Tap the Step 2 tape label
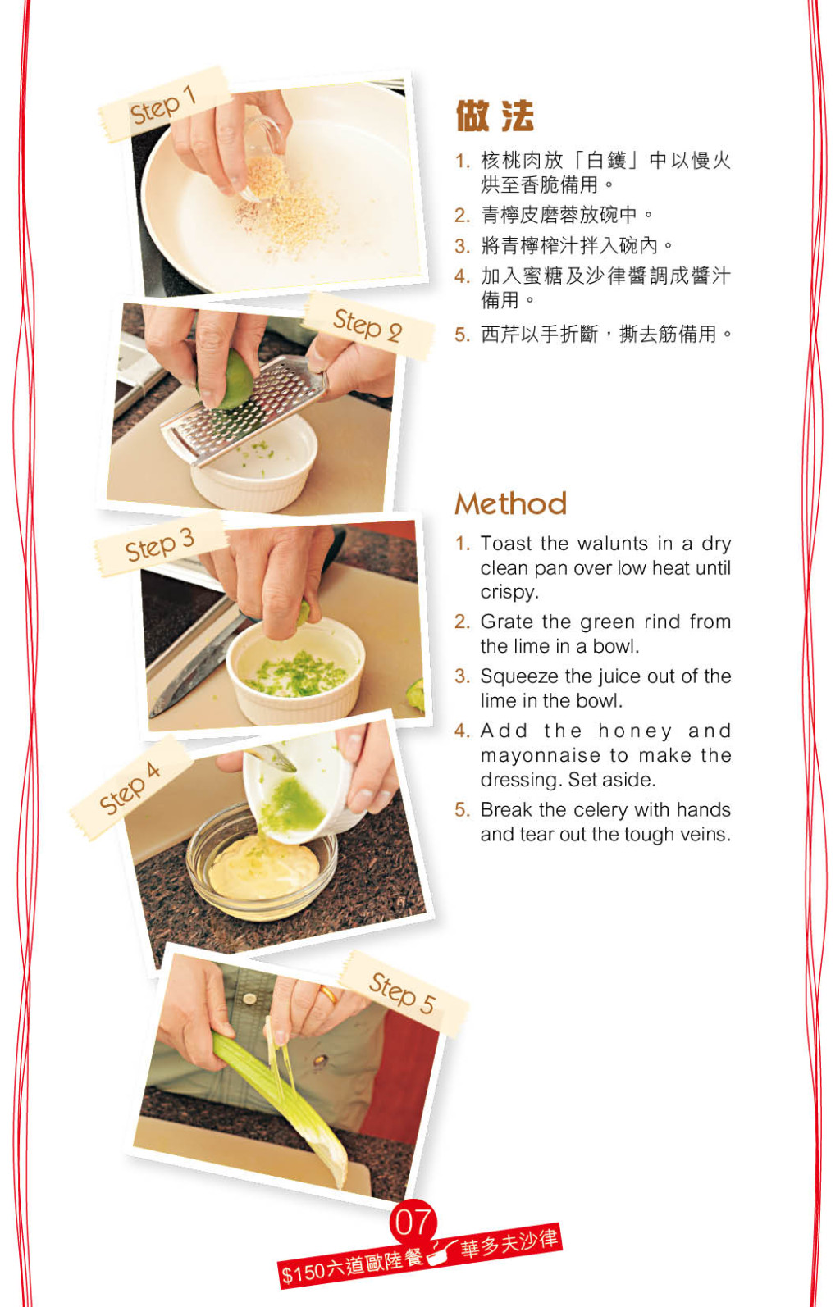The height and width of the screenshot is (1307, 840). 368,326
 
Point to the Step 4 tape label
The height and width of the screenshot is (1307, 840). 130,788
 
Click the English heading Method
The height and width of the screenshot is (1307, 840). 511,503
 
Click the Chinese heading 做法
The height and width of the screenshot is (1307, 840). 495,116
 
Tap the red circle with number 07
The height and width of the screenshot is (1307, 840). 413,1221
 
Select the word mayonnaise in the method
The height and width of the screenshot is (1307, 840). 541,756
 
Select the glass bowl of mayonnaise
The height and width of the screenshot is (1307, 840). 262,861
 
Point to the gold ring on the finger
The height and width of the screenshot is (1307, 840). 328,992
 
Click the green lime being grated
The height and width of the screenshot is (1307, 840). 230,380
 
